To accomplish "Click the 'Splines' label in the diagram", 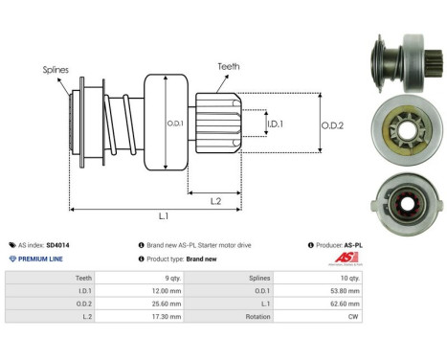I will click(55, 70).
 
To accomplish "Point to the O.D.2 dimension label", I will click(333, 122).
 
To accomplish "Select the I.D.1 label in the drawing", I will click(275, 124).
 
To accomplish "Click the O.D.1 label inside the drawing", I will click(174, 123).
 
